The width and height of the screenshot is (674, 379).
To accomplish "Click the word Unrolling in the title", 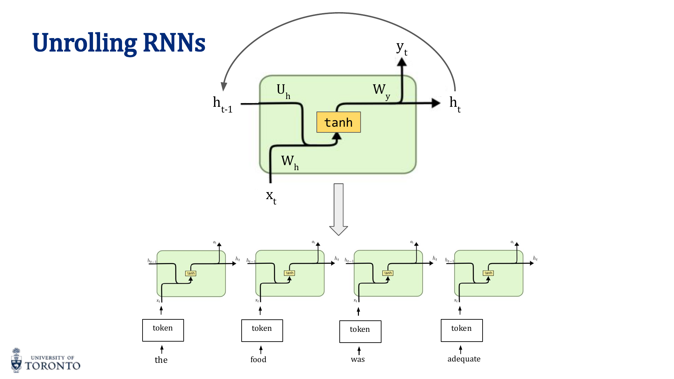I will click(x=84, y=43).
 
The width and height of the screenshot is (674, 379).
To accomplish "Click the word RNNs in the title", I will click(x=174, y=43).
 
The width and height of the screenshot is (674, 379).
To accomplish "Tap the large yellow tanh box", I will click(x=338, y=122).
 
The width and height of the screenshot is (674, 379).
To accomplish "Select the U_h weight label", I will click(x=283, y=91).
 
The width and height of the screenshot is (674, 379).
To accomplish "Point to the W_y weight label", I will click(x=381, y=91).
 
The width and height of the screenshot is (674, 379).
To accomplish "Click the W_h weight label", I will click(x=289, y=162).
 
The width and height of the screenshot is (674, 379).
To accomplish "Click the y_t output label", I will click(x=402, y=49).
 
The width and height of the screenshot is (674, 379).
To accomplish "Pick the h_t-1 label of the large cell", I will click(x=222, y=104).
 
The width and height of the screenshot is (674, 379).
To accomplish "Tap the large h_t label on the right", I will click(x=455, y=104).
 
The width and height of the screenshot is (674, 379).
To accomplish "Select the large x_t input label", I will click(x=271, y=196).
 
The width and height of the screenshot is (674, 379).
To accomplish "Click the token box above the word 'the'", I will click(x=163, y=330).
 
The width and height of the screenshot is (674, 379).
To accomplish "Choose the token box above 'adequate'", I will click(x=462, y=330).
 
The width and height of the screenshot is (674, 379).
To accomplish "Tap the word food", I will click(x=258, y=359).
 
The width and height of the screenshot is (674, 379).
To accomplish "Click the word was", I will click(x=358, y=359).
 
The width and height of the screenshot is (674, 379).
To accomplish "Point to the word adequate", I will click(x=464, y=359).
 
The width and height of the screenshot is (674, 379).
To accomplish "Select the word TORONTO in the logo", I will click(x=53, y=366).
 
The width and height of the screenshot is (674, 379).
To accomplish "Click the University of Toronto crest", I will click(x=16, y=360).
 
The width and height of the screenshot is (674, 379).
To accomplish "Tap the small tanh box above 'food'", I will click(x=289, y=273).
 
